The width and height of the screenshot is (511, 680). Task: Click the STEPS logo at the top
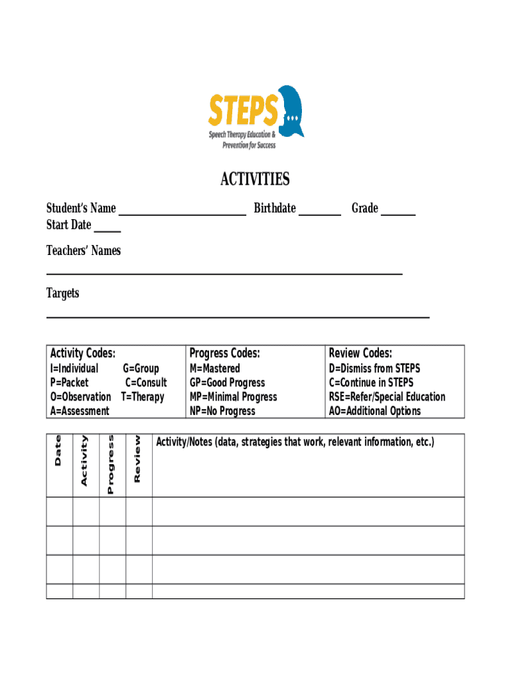256,117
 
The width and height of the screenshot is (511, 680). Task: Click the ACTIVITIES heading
255,179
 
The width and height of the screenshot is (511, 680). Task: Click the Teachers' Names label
84,251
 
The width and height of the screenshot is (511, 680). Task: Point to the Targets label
62,293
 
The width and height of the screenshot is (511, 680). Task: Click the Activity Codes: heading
83,353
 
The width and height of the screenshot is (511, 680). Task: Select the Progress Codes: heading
224,353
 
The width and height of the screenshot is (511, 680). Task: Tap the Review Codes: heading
360,353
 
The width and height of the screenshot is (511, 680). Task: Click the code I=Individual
74,369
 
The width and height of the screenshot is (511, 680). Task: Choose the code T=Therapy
142,397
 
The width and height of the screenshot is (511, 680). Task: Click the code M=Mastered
215,369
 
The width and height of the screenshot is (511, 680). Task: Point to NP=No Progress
222,411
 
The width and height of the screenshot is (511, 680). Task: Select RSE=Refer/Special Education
387,397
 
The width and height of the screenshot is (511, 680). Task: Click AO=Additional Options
374,411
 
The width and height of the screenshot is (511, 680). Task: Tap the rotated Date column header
58,450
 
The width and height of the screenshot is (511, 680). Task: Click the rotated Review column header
138,459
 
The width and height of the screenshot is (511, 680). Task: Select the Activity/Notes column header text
295,442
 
